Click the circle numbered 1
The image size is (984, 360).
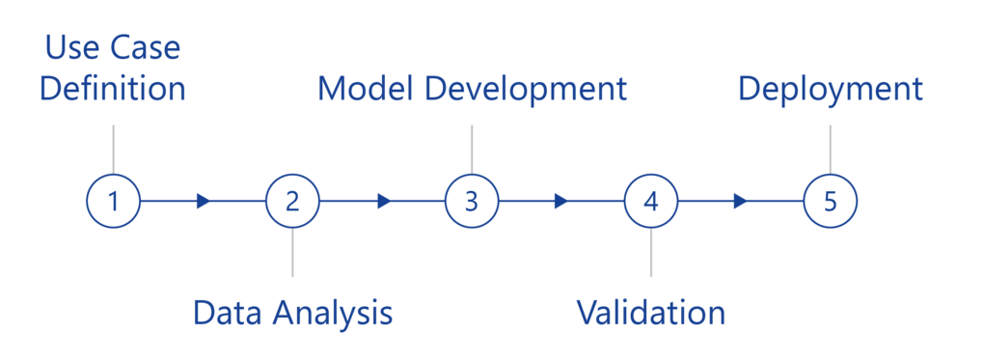coord(113,201)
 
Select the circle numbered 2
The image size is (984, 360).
coord(292,201)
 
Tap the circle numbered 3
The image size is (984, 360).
coord(471,201)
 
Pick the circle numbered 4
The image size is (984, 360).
coord(651,201)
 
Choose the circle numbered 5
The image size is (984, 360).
coord(830,201)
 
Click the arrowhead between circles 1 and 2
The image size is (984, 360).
coord(204,201)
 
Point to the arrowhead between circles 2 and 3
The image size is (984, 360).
coord(385,201)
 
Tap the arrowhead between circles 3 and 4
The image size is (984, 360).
coord(562,201)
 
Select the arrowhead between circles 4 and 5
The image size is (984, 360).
coord(741,201)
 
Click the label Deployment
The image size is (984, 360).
coord(830,90)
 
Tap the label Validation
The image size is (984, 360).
coord(650,313)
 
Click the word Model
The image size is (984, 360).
coord(366,90)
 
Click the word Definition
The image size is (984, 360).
coord(113,90)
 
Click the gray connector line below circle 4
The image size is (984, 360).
coord(651,253)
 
